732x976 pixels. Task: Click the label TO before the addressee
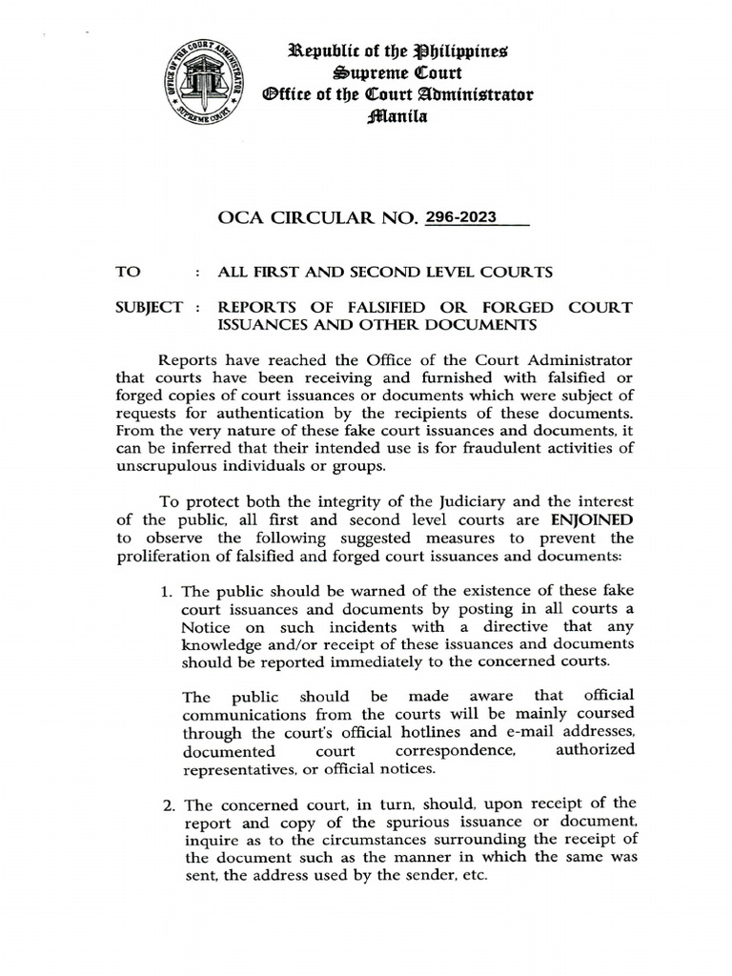pyautogui.click(x=128, y=272)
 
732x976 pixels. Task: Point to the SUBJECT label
pyautogui.click(x=148, y=307)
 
